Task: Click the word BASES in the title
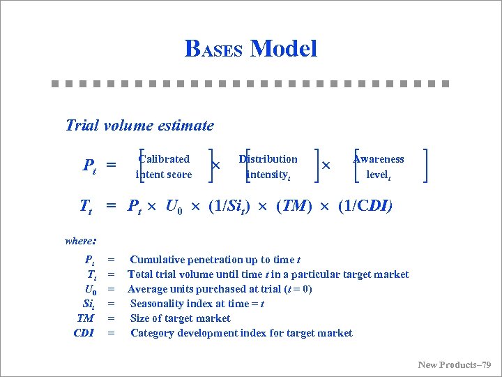(213, 49)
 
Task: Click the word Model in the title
(283, 49)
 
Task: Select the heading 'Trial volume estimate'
(139, 126)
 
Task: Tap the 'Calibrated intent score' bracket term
(164, 166)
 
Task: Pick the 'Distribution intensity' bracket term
(268, 166)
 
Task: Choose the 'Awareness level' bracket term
(379, 166)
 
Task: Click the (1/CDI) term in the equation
(365, 206)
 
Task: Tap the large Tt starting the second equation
(86, 207)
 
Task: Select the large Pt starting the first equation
(89, 166)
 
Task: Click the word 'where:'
(80, 241)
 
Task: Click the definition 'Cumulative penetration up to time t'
(215, 260)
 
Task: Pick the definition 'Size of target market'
(181, 318)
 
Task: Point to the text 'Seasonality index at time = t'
(197, 304)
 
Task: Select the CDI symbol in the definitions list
(84, 333)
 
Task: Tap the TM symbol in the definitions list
(86, 318)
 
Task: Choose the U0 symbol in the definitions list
(90, 289)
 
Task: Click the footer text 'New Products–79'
(455, 364)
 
